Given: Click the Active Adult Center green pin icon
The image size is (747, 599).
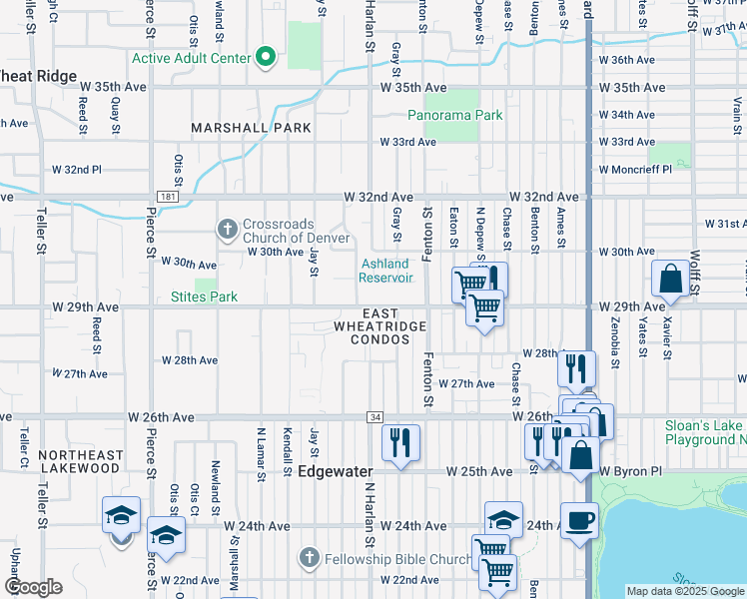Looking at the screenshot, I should coord(266,57).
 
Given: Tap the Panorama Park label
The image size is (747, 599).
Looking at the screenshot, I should coord(455,115).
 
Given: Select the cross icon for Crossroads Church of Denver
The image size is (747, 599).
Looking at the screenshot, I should coord(228,230).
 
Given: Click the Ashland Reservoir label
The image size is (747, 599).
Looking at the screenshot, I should coord(386,270).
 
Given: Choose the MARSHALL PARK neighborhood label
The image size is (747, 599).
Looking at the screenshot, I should coord(252,128).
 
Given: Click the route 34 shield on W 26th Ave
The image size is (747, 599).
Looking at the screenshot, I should coord(373,416).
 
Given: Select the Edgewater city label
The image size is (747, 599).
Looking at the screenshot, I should coord(335,471).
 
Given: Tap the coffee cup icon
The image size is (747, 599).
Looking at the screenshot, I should coord(579,520).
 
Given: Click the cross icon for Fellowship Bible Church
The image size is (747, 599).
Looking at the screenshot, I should coord(309,556).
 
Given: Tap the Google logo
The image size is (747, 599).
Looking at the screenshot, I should coord(34,586).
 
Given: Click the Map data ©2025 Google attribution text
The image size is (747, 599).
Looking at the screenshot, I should coord(685,591).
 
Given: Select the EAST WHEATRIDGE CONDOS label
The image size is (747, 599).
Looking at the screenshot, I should coord(379,326).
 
